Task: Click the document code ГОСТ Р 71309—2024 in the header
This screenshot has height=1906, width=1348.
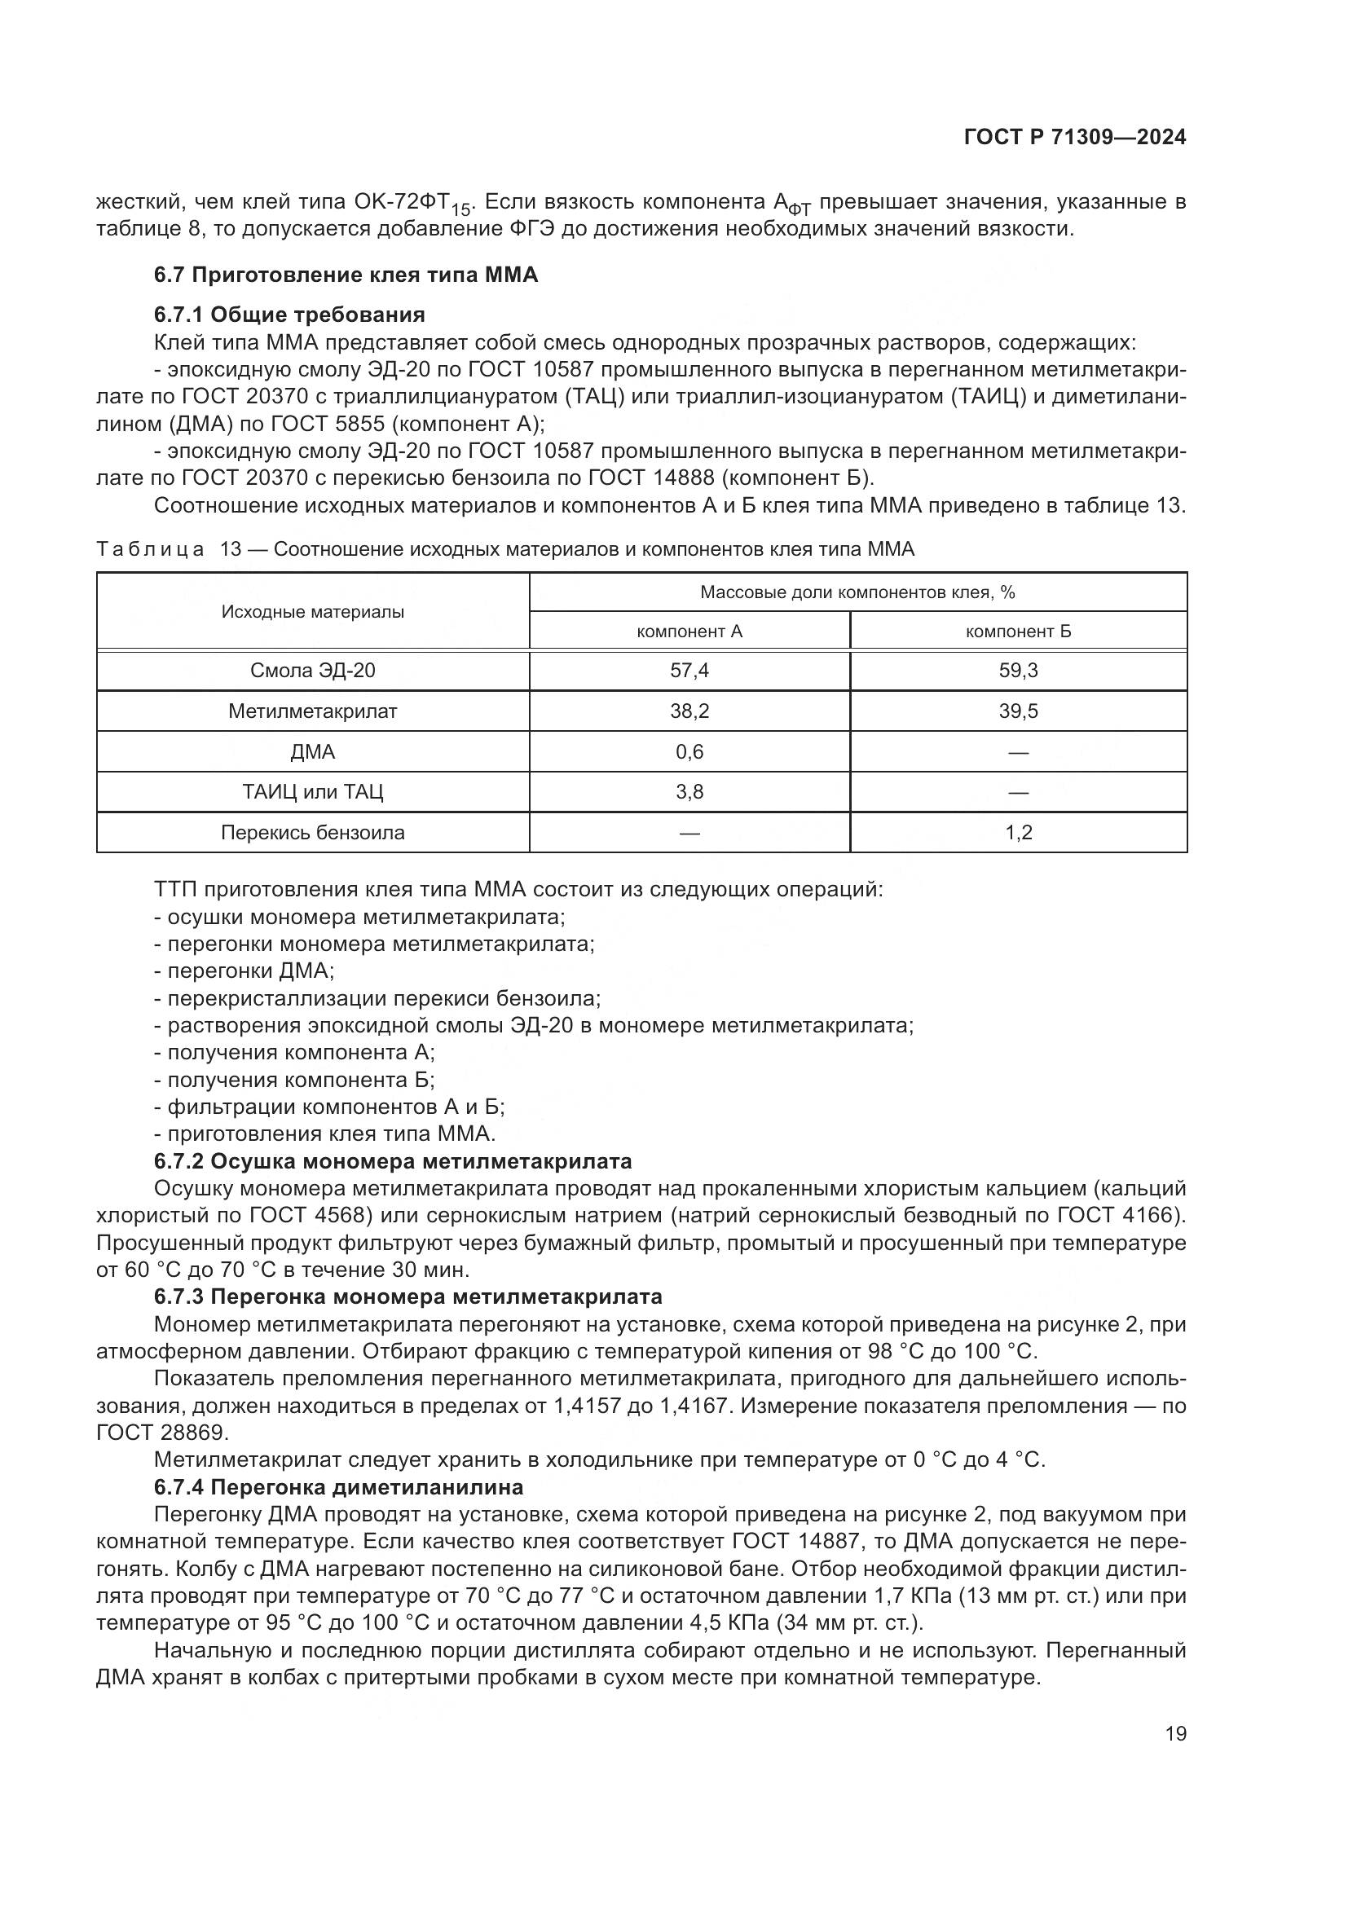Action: tap(1075, 138)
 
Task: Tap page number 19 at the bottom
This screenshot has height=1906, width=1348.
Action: tap(1175, 1734)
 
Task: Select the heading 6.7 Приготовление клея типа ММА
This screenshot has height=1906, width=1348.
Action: tap(346, 275)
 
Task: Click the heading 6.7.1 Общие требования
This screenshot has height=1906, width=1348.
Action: tap(289, 315)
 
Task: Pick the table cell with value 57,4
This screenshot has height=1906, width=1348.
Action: tap(689, 671)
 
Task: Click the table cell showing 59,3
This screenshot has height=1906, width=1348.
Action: tap(1018, 671)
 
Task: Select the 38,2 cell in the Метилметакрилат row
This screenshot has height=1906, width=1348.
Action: tap(689, 711)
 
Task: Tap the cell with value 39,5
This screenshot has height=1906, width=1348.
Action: tap(1018, 711)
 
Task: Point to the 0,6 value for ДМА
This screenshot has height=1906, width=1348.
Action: tap(689, 752)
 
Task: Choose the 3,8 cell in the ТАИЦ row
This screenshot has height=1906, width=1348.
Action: tap(689, 792)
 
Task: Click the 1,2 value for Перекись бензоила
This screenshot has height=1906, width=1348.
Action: tap(1018, 833)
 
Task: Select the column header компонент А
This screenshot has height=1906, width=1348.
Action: tap(689, 632)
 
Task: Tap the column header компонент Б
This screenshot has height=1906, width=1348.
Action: tap(1018, 632)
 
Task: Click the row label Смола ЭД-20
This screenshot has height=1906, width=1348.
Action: tap(312, 671)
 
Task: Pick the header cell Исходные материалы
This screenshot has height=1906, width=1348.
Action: tap(312, 613)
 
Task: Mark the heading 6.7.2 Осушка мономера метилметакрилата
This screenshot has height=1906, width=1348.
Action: tap(393, 1161)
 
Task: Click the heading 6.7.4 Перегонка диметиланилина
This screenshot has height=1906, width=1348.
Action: tap(339, 1487)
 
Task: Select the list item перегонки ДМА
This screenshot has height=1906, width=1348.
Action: tap(244, 971)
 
